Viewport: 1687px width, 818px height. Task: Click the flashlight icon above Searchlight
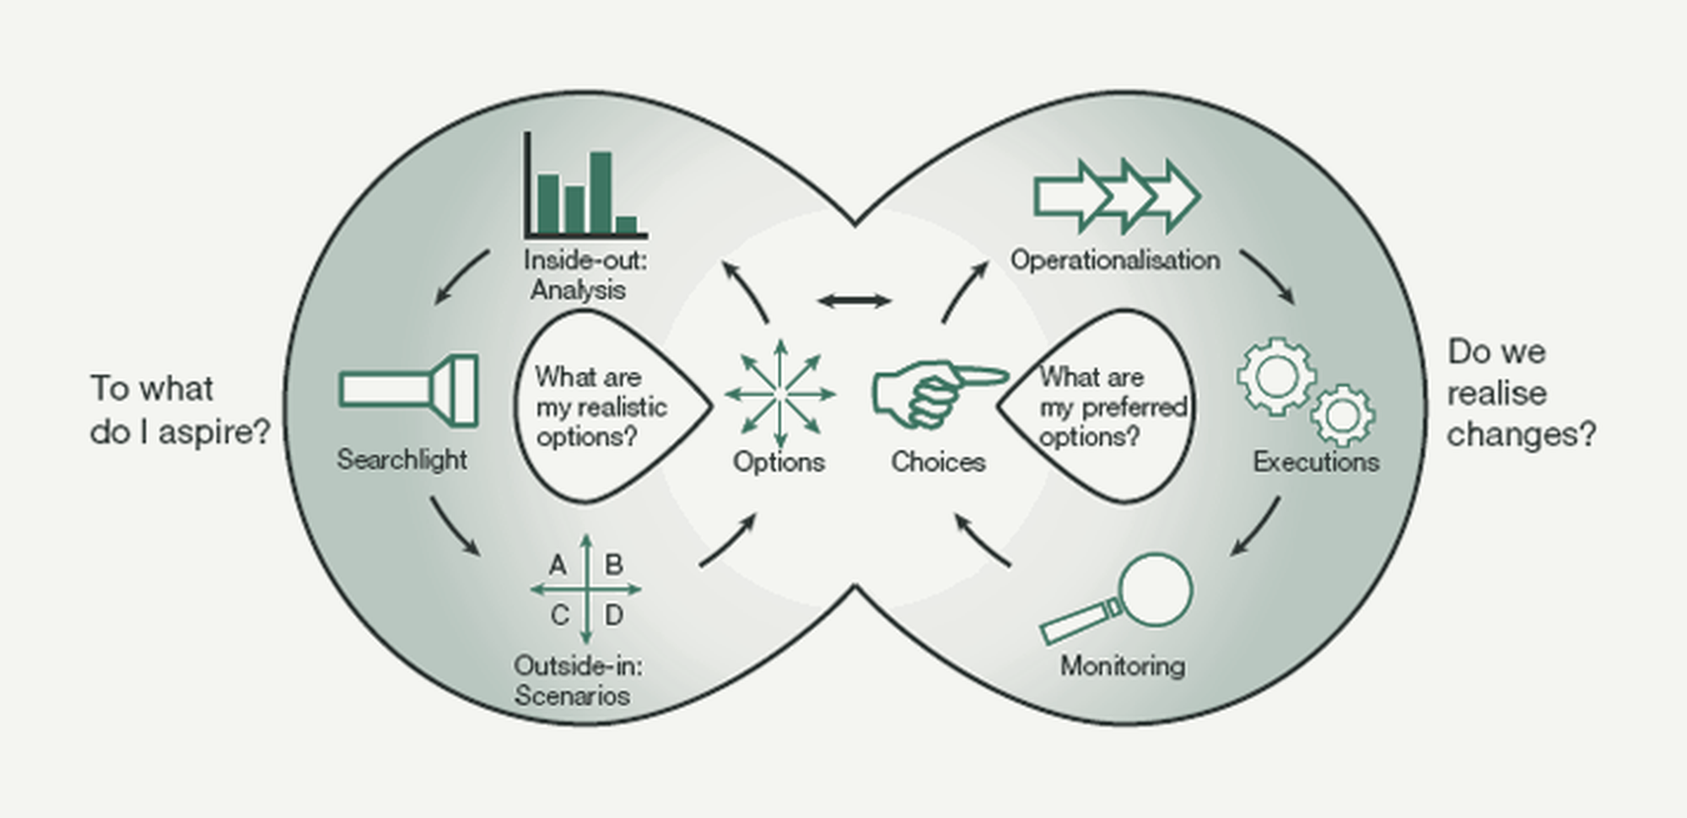pos(409,390)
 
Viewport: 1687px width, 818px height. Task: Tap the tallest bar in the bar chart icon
pos(601,191)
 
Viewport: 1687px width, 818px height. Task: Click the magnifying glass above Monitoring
pos(1118,598)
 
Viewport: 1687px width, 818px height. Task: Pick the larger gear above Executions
pos(1277,376)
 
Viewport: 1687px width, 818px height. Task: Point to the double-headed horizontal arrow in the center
pos(854,300)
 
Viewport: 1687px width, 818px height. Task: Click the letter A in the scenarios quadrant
pos(558,565)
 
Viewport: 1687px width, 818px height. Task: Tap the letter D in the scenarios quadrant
pos(614,616)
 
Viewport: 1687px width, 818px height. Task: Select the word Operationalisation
pos(1115,260)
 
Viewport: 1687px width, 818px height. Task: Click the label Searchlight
pos(402,460)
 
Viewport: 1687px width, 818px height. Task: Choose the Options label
pos(779,462)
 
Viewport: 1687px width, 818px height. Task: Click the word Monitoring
pos(1123,666)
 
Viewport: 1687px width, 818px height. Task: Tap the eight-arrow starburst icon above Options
pos(780,394)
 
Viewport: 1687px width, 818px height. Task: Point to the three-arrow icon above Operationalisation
pos(1118,196)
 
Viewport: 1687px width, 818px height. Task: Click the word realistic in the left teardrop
pos(617,407)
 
